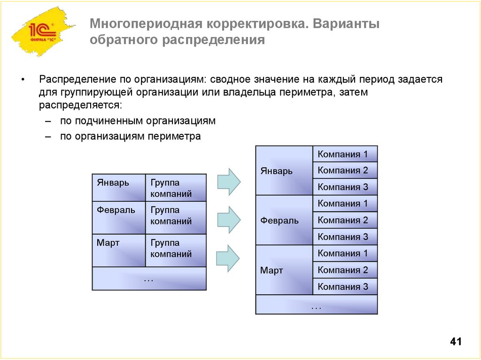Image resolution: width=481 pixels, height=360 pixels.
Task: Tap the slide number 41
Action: [456, 342]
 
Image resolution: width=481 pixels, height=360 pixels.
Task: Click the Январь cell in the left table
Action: [119, 188]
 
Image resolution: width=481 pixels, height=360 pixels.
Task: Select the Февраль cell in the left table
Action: [119, 217]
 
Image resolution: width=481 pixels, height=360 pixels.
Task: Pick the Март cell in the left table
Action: [119, 250]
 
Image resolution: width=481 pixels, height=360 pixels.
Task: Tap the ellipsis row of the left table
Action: [149, 278]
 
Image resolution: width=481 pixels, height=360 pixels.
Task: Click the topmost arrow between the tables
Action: [229, 181]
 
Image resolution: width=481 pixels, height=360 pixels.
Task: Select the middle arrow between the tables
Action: [229, 219]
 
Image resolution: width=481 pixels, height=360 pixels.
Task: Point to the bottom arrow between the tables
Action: [229, 258]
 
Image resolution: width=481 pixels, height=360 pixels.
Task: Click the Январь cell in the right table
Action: [284, 171]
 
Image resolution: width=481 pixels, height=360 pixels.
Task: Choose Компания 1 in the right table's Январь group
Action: [345, 154]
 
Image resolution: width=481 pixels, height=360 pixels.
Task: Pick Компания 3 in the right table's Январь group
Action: [345, 187]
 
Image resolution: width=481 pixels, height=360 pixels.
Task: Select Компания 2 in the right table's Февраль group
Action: [345, 220]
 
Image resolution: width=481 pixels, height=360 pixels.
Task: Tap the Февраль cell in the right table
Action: [284, 220]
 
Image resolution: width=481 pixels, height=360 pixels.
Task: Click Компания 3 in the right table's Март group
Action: [345, 286]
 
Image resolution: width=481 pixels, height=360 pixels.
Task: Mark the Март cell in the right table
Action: [284, 270]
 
